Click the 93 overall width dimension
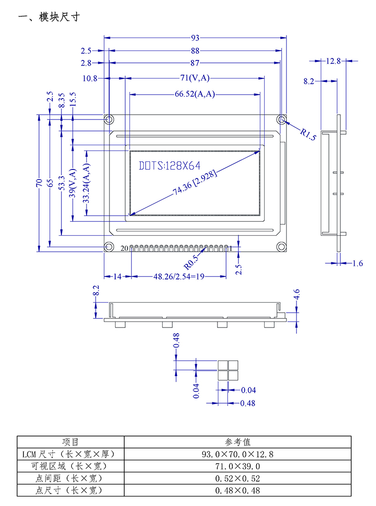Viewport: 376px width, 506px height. click(195, 38)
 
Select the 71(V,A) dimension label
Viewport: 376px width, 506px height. click(195, 78)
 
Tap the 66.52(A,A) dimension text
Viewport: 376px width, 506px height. click(195, 94)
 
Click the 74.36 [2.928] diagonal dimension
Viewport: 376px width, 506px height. click(195, 183)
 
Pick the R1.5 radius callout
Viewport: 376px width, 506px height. click(308, 134)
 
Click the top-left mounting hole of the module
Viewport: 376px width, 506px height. click(109, 119)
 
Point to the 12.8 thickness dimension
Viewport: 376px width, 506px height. click(334, 60)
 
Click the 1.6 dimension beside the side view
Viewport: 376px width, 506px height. click(358, 263)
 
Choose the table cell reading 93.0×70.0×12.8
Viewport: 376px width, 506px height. click(237, 454)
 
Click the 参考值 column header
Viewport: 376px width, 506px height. click(237, 442)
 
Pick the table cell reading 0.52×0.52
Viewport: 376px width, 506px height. click(237, 478)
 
